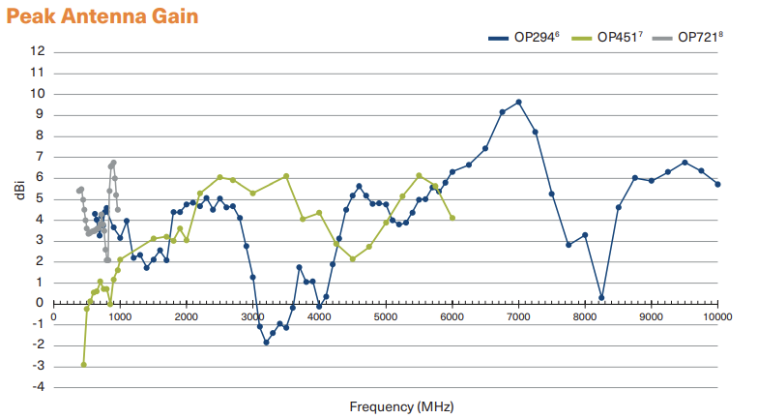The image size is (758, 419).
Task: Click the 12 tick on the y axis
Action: click(38, 51)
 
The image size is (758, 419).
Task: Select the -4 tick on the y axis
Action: click(36, 387)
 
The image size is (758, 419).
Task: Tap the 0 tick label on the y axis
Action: click(40, 303)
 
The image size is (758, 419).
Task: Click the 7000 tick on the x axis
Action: click(518, 316)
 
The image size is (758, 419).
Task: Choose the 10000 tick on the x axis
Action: click(717, 316)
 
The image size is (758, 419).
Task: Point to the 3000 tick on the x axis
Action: click(252, 316)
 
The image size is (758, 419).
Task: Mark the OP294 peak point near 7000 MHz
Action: click(518, 102)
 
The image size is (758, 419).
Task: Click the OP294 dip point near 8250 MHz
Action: click(601, 298)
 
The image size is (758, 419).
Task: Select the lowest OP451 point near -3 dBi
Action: click(84, 365)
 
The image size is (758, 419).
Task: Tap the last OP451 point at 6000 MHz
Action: click(452, 218)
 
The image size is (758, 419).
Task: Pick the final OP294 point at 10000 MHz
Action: click(717, 184)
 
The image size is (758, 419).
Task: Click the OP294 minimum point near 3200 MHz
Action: click(266, 343)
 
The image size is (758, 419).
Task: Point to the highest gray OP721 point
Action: click(113, 163)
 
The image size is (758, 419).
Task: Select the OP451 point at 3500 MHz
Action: click(286, 176)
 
